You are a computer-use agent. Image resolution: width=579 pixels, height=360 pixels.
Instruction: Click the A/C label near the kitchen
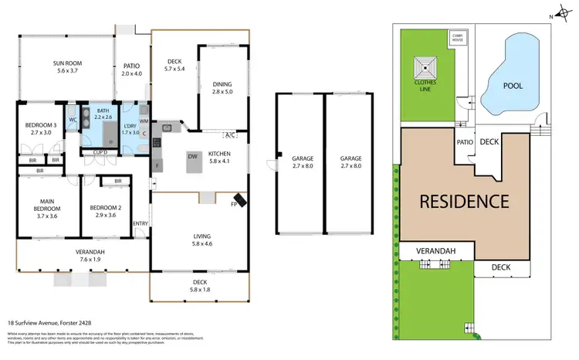click(231, 134)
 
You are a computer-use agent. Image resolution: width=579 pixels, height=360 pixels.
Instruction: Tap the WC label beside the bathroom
click(72, 120)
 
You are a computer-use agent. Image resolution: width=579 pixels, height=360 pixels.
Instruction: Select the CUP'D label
click(100, 153)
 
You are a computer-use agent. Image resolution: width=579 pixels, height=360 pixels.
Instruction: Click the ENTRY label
click(141, 224)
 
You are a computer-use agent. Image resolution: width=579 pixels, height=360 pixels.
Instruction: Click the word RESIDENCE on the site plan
click(463, 202)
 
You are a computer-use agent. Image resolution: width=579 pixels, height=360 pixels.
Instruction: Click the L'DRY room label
click(130, 129)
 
